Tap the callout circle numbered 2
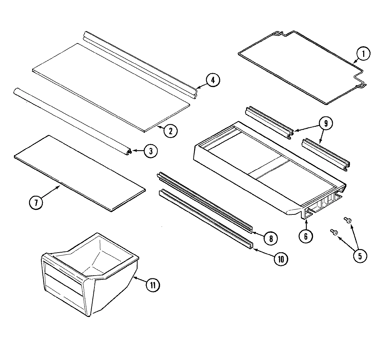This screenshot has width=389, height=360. click(x=170, y=131)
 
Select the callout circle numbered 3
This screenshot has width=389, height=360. click(x=150, y=151)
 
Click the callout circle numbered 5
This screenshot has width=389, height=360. click(x=360, y=256)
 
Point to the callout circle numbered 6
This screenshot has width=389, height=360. click(x=306, y=236)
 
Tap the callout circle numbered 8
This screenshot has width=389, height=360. click(x=271, y=238)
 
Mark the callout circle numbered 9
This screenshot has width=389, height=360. click(x=326, y=123)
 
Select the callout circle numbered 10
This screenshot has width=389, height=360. click(x=280, y=259)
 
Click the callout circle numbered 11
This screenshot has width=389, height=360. click(x=153, y=285)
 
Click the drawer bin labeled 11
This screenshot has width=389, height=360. click(x=88, y=272)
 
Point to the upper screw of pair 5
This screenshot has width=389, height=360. click(x=348, y=220)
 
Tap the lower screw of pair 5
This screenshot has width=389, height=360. click(x=334, y=232)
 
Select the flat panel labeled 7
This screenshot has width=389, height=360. click(x=80, y=173)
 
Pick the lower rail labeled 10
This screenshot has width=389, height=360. click(x=207, y=221)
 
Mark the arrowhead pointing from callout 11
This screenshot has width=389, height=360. click(x=135, y=278)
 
